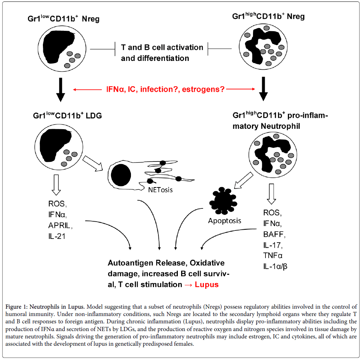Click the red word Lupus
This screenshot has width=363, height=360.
point(206,284)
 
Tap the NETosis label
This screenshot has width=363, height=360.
point(160,190)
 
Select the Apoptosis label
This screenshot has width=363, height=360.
point(225,221)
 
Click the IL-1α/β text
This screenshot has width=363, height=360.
point(275,266)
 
